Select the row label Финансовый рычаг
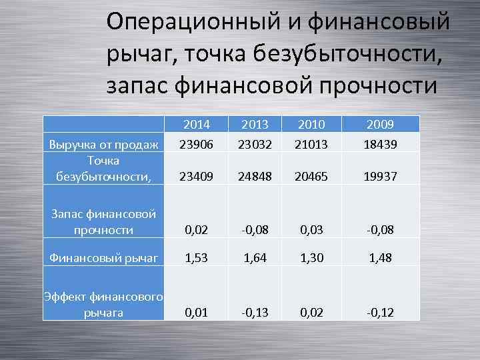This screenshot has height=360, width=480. click(x=103, y=257)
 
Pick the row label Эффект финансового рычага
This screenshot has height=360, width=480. click(x=103, y=305)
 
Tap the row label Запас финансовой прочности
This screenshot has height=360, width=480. click(x=103, y=222)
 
